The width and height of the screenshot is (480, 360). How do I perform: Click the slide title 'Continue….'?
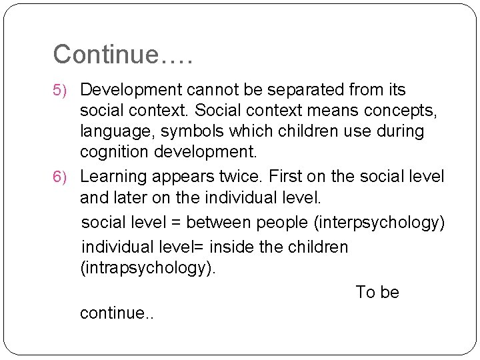click(x=123, y=54)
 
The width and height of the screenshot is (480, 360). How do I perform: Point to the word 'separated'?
click(x=280, y=89)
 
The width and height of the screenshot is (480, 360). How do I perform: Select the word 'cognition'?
click(x=113, y=152)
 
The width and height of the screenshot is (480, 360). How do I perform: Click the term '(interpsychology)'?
click(x=379, y=223)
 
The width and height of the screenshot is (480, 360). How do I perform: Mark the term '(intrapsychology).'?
click(x=148, y=268)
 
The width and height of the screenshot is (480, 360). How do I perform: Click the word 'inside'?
click(x=231, y=247)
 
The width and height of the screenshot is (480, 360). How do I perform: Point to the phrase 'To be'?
click(x=377, y=293)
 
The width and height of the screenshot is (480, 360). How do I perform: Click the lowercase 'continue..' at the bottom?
click(x=117, y=313)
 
